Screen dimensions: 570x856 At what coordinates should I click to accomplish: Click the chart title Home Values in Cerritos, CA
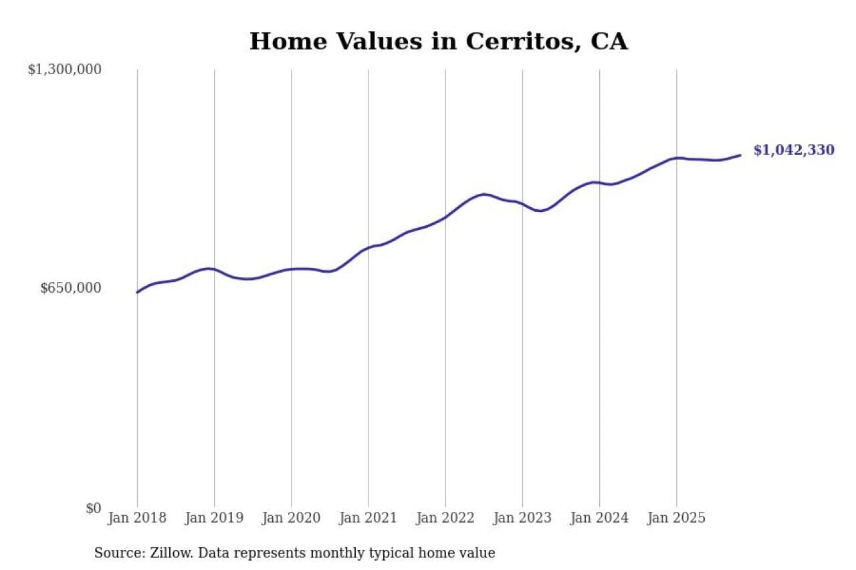(438, 41)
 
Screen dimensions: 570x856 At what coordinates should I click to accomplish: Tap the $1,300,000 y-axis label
(65, 69)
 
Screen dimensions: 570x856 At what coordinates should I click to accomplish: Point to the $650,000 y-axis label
(70, 288)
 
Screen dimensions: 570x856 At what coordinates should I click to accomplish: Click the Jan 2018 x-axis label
(137, 518)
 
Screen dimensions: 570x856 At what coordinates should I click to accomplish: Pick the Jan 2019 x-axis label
(214, 518)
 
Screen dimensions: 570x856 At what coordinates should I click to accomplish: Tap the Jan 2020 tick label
(291, 518)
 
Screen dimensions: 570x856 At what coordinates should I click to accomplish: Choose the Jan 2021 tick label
(368, 518)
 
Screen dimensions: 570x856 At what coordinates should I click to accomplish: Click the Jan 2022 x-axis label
(445, 518)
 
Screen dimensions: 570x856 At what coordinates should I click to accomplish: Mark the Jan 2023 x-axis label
(522, 518)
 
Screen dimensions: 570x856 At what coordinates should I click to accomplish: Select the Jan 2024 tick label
(599, 518)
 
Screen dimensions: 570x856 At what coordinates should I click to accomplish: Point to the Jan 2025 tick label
(676, 518)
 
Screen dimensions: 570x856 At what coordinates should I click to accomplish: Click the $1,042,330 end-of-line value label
(794, 150)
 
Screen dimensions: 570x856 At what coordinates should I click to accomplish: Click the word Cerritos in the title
(513, 41)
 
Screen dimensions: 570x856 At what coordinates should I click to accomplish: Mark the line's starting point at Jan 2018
(137, 292)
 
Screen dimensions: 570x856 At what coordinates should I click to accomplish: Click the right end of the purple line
(740, 155)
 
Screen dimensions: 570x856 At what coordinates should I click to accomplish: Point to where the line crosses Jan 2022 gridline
(445, 217)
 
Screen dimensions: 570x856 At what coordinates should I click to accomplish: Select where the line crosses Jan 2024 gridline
(599, 182)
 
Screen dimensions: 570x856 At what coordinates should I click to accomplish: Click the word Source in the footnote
(116, 553)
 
